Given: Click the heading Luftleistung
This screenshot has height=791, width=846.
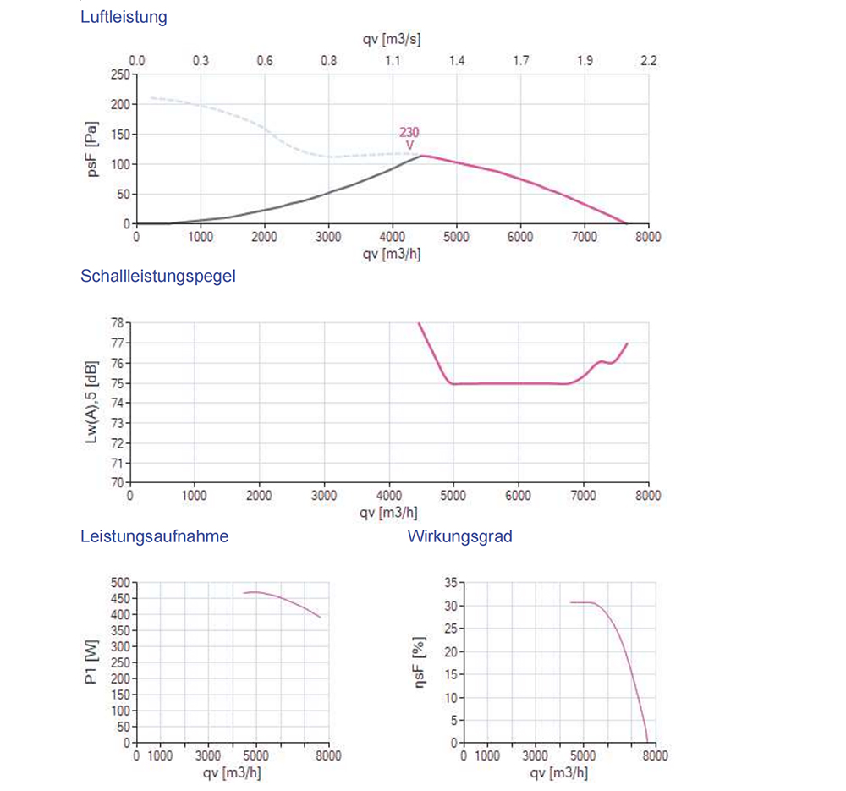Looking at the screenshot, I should coord(124,17).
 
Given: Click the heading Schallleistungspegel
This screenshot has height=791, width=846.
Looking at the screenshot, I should coord(158,276).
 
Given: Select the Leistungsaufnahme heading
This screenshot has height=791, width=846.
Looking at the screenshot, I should coord(154,536).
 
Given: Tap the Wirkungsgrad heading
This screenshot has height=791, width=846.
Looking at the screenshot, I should coord(459,536).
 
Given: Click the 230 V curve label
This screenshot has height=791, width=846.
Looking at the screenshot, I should coord(409,138).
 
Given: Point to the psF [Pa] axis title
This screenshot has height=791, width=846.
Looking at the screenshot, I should coord(93,150).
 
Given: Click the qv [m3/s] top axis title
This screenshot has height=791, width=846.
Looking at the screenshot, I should coord(392,40).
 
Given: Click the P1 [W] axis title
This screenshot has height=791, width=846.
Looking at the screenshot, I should coord(93,662).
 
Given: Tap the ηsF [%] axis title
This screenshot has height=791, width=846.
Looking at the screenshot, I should coord(420,663).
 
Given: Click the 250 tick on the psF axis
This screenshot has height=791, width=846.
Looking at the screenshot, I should coord(119,74).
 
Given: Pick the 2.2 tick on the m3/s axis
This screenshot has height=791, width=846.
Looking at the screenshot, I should coord(649,61).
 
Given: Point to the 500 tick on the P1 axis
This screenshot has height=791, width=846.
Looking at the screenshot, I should coord(122,583).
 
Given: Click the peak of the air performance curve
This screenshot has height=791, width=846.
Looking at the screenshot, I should coord(420,155).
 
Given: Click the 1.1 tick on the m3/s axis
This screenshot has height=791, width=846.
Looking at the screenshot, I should coord(393,61).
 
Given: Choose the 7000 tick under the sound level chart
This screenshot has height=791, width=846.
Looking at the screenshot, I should coord(583,497).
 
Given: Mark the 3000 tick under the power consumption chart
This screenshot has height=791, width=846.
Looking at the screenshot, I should coord(209,756).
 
